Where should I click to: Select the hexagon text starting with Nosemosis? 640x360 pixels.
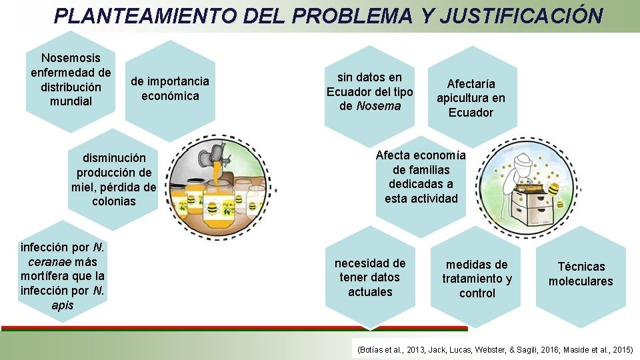click(71, 80)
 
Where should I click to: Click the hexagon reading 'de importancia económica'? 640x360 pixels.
click(169, 89)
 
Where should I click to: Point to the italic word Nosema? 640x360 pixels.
click(379, 106)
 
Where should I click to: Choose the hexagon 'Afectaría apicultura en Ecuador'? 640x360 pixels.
click(471, 98)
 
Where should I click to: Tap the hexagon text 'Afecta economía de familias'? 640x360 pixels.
click(421, 177)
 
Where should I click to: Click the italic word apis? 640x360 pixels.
click(62, 305)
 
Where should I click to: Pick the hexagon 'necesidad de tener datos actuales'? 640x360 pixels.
click(370, 277)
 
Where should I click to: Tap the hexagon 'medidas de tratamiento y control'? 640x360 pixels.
click(477, 279)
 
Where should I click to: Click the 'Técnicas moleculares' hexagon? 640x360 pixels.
click(581, 274)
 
